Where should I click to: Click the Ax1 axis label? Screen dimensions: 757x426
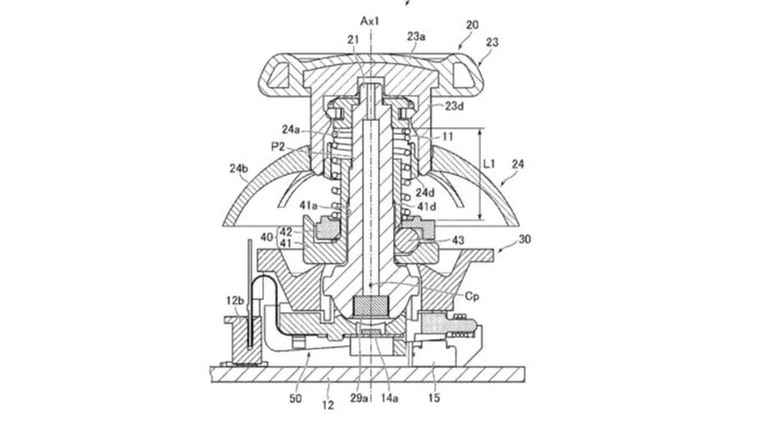coord(370,21)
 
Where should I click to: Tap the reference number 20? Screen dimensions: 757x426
coord(472,25)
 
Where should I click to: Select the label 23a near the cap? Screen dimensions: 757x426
coord(416,37)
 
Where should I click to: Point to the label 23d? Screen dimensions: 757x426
coord(454,106)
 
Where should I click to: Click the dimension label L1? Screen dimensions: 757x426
coord(490,164)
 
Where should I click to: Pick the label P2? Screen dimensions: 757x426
coord(278,146)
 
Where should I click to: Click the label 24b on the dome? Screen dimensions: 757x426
coord(239,169)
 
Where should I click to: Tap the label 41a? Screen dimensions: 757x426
coord(308,205)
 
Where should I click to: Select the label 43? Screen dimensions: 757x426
coord(458,240)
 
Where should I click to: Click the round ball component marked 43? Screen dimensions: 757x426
coord(408,240)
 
